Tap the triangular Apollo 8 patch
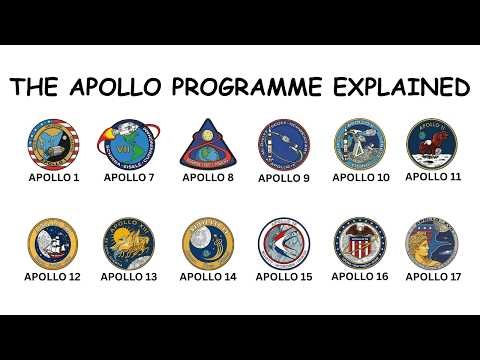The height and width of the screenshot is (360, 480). [x=208, y=144]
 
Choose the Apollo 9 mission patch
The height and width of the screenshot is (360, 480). [x=284, y=145]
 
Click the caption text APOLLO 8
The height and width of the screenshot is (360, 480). [x=208, y=178]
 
